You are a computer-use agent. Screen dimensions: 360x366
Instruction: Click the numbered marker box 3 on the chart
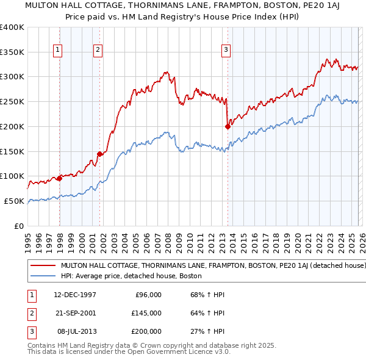tap(226, 51)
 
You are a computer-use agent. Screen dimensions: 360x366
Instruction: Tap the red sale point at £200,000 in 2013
tap(228, 127)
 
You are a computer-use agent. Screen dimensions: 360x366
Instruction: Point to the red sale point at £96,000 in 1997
tap(60, 178)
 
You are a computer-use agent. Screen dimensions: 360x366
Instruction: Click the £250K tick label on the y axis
tap(12, 102)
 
